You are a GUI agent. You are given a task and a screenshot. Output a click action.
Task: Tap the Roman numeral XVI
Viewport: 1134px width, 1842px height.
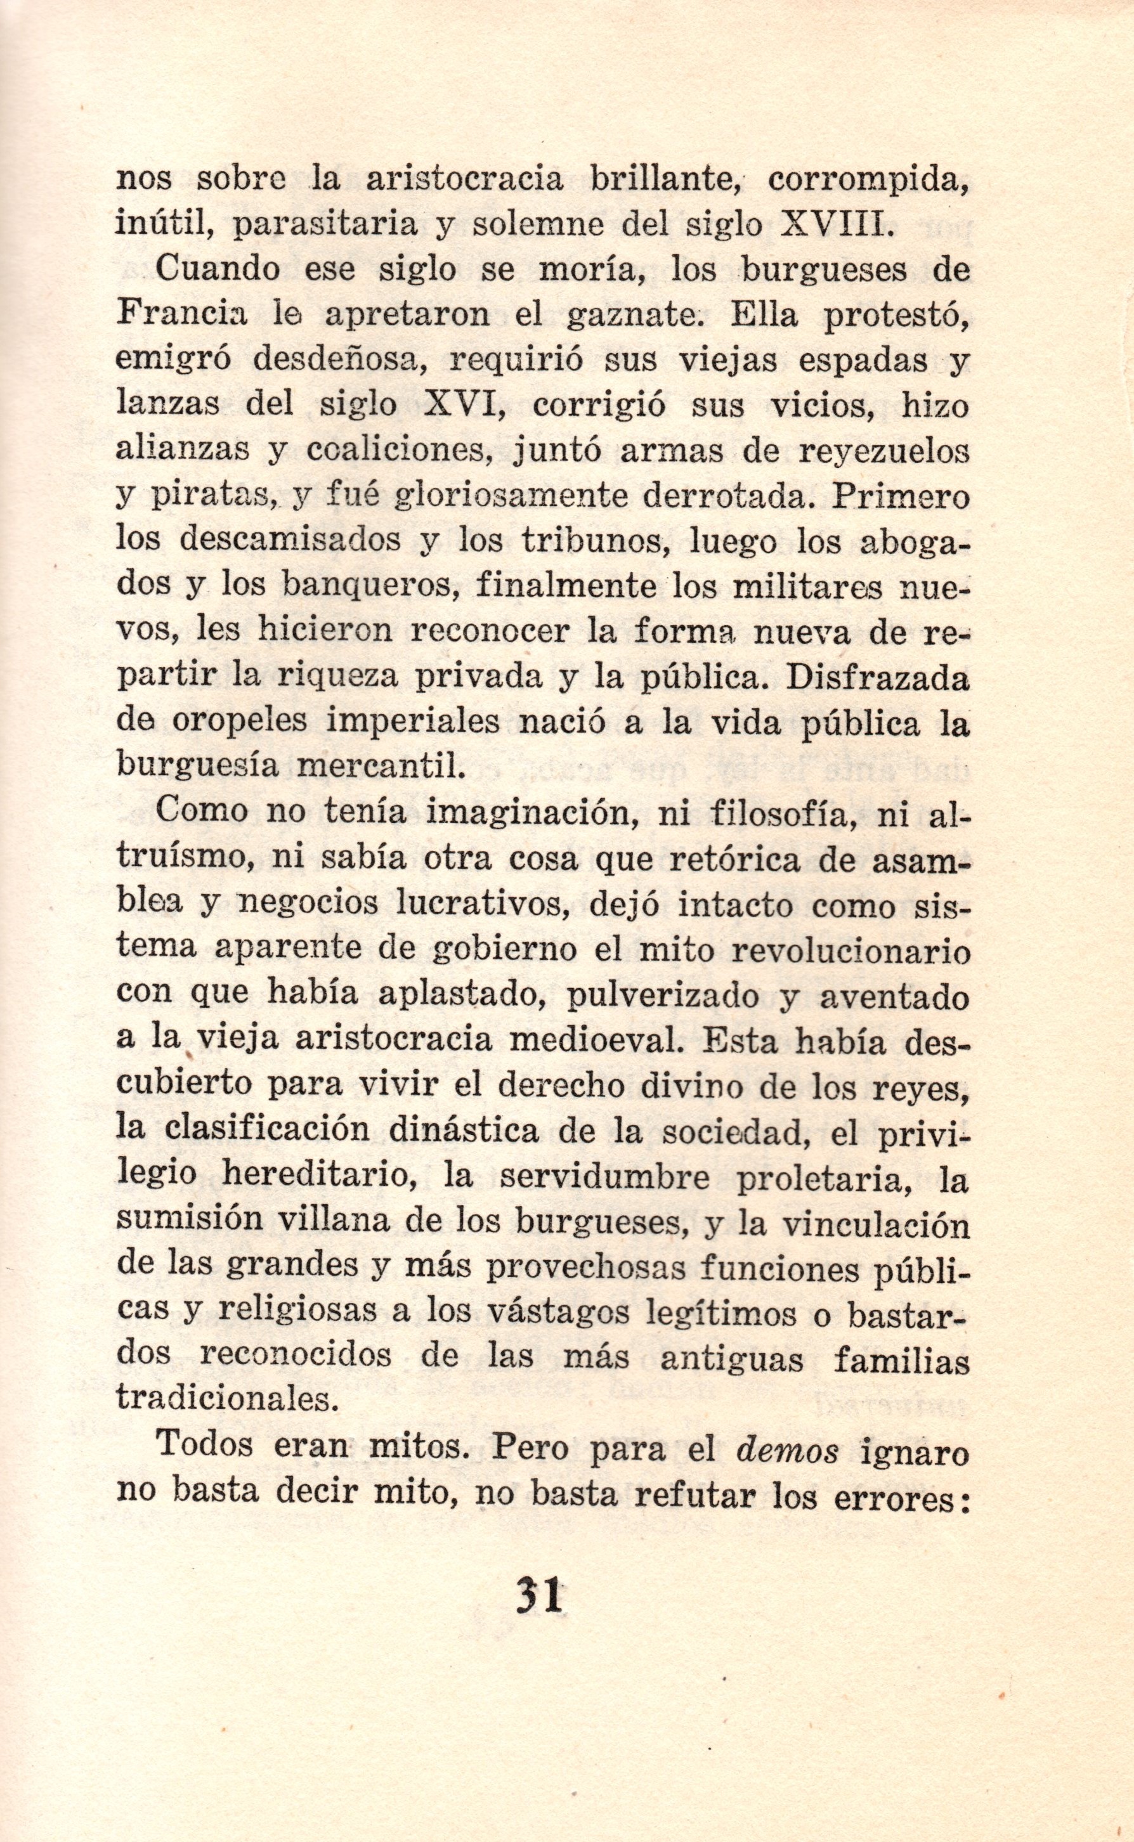coord(457,406)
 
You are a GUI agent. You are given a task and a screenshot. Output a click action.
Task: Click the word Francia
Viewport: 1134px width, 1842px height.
coord(181,315)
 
